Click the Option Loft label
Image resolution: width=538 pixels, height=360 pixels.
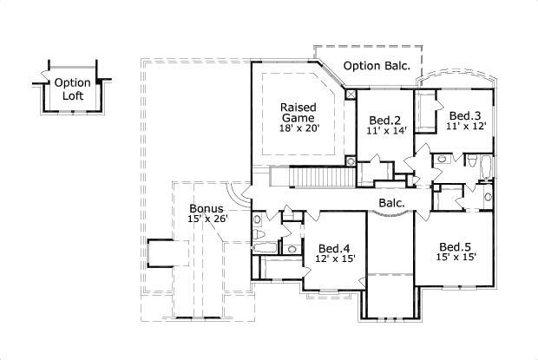(73, 89)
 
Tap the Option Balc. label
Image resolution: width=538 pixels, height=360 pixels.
(377, 66)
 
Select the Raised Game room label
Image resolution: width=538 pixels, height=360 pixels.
(299, 113)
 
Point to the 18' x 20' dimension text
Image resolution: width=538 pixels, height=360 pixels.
(299, 128)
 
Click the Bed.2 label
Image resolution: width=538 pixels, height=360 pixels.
(385, 121)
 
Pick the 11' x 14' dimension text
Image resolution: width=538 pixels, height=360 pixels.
(387, 130)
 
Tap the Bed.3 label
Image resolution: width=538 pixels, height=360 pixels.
(465, 116)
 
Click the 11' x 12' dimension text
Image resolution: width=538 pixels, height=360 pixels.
(466, 126)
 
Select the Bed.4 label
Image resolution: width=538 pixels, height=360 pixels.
(334, 248)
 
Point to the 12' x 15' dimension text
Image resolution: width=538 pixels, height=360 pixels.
(335, 259)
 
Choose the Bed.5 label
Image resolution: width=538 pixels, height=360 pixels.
(456, 247)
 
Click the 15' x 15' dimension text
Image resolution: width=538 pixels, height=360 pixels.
(456, 257)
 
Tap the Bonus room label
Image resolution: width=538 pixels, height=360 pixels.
(207, 208)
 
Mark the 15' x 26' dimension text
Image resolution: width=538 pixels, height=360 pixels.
(208, 219)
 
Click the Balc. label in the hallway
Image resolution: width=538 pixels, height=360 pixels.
(392, 203)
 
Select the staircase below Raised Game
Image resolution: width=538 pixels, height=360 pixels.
(323, 177)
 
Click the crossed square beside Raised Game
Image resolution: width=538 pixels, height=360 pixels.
(351, 95)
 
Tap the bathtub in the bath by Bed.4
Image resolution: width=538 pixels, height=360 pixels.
(265, 249)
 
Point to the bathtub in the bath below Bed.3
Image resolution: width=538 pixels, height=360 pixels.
(486, 167)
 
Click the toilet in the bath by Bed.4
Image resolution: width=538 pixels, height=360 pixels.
(259, 234)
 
